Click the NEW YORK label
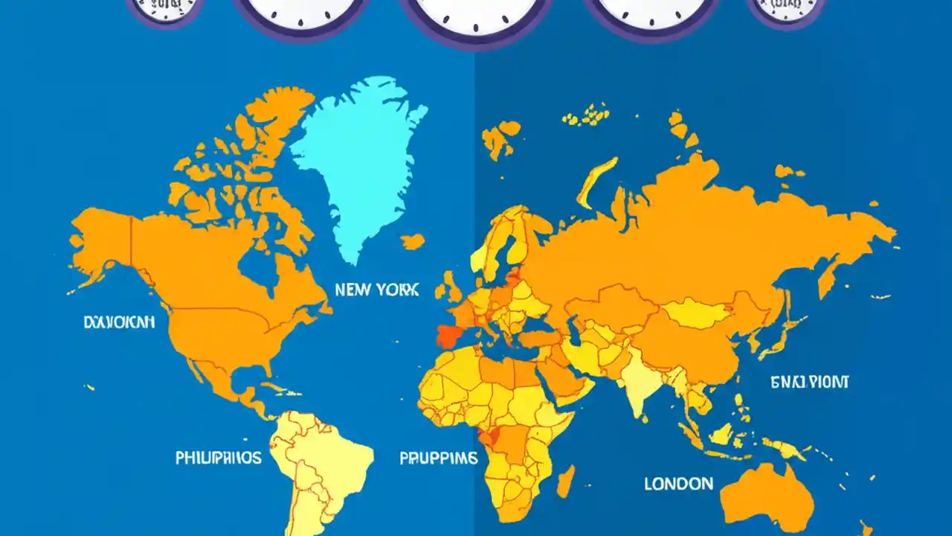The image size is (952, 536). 376,290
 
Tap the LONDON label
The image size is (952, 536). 678,484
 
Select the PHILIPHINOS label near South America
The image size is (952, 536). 218,457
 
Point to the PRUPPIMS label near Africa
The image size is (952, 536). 438,459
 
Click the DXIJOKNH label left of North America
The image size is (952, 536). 119,322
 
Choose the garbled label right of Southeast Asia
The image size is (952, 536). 809,383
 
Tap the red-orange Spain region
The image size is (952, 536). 451,336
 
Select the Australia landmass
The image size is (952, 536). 766,491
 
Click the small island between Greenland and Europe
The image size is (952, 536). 413,241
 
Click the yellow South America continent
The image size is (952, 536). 320,462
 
